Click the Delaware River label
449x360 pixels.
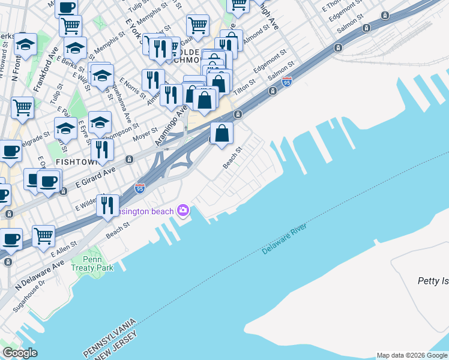point(284,239)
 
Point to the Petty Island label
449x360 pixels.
point(433,281)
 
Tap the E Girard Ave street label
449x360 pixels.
point(95,171)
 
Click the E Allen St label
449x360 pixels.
point(64,249)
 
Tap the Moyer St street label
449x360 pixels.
point(145,133)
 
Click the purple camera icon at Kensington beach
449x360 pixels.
point(183,211)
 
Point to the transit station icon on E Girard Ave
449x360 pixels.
point(129,160)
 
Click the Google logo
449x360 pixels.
point(20,353)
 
